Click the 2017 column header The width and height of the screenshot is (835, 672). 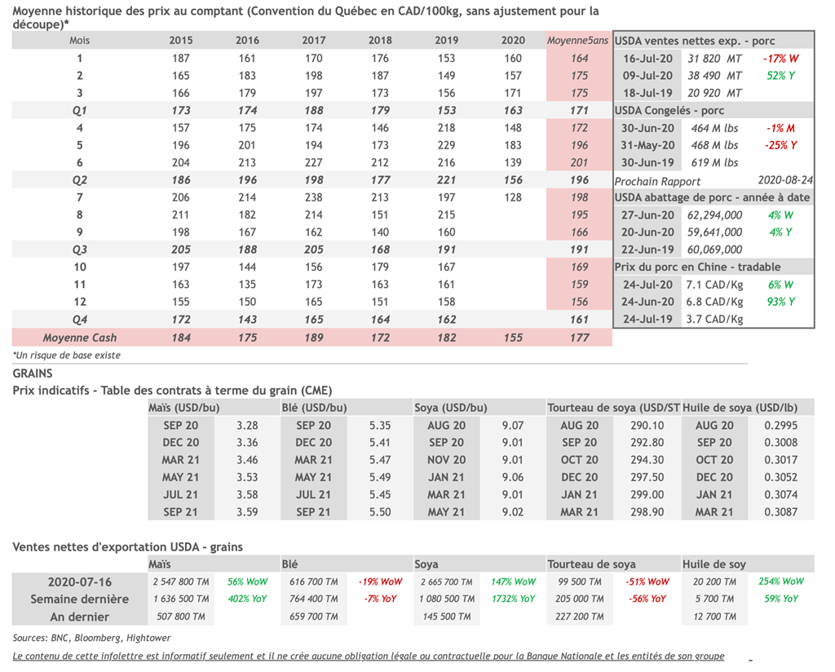pos(313,41)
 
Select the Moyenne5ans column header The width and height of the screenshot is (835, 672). pos(578,41)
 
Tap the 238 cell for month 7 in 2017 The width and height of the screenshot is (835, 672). pos(313,197)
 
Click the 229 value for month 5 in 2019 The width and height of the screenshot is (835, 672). pos(446,145)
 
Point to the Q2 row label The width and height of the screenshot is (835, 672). pos(79,180)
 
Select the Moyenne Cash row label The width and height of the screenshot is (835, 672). pos(79,338)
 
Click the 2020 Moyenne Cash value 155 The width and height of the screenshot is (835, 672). pos(513,338)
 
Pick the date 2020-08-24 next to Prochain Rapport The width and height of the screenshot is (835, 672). pos(784,180)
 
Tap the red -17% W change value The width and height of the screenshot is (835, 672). pos(780,59)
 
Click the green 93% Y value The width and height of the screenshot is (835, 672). pos(780,302)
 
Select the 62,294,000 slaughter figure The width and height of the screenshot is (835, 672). pos(715,215)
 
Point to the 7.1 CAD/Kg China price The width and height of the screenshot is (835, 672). pos(714,285)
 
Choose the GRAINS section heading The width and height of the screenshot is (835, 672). pos(33,373)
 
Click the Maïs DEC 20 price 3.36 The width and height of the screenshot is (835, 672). pos(246,443)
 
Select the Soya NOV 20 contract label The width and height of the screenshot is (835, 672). pos(446,460)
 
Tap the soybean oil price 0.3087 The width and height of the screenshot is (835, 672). pos(781,512)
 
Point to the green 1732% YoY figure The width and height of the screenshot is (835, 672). pos(513,599)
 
